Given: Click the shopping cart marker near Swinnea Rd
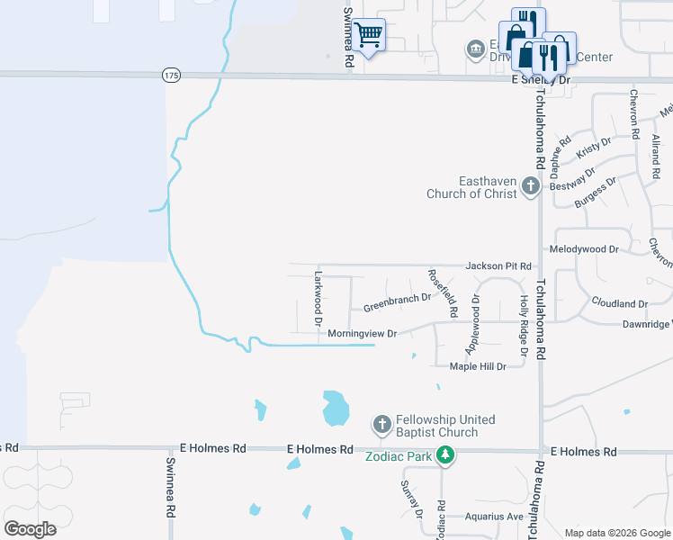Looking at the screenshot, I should (x=368, y=35).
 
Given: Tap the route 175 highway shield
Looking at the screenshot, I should (x=171, y=76).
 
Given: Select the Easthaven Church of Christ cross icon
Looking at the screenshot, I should (x=531, y=187).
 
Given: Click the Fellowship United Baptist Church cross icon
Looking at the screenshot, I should (x=381, y=424).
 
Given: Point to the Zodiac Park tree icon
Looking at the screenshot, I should (x=444, y=455).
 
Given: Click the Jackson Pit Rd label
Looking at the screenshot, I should (x=498, y=266).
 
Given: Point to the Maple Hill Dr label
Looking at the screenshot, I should (x=478, y=366).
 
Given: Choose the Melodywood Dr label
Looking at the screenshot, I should (x=584, y=248).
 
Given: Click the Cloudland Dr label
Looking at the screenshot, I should (x=619, y=304).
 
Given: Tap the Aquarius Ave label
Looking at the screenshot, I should (x=494, y=517).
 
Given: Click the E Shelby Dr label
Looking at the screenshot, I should (x=541, y=80).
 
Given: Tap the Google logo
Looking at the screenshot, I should (x=30, y=528).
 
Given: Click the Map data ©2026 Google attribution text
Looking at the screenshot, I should (x=616, y=533).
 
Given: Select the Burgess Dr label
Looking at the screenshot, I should (x=595, y=193).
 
